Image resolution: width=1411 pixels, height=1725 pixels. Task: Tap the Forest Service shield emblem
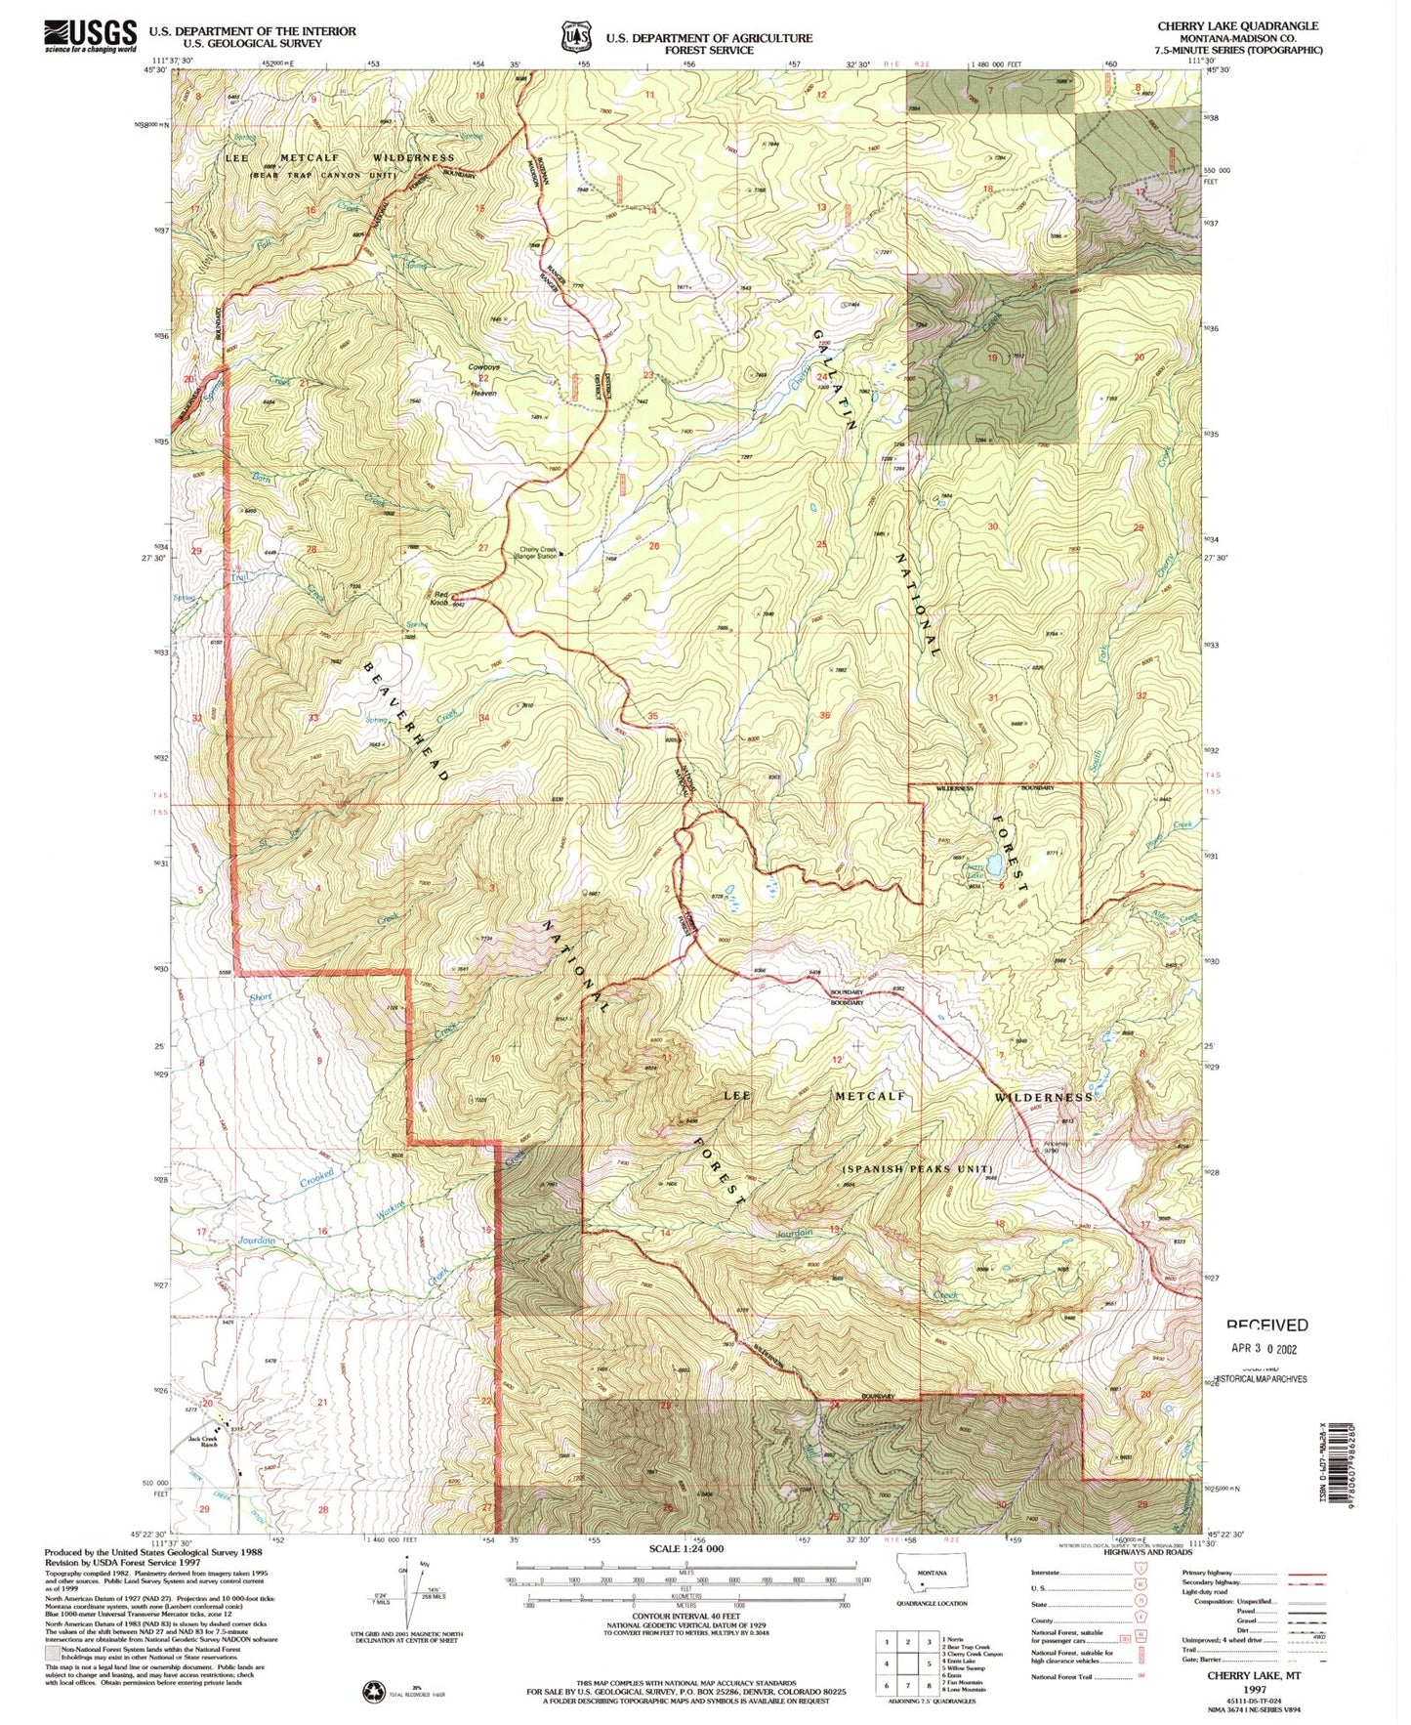pyautogui.click(x=576, y=37)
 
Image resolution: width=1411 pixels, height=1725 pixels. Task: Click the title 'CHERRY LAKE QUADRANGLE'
pyautogui.click(x=1237, y=26)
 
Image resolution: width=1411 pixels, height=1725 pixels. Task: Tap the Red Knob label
pyautogui.click(x=439, y=599)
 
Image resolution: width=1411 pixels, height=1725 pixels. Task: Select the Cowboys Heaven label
pyautogui.click(x=483, y=380)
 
